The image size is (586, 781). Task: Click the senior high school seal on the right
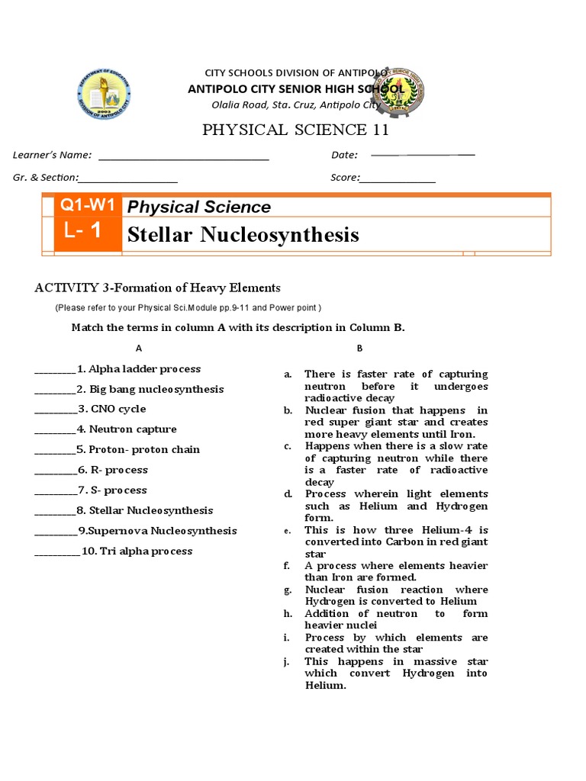[395, 92]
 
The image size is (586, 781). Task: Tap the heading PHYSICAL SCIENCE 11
[295, 130]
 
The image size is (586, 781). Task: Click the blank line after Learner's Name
[184, 159]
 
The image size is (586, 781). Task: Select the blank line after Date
[422, 155]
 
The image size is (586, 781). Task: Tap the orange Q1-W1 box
[89, 205]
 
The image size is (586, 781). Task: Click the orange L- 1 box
[89, 233]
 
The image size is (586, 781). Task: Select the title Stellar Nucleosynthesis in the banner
[243, 234]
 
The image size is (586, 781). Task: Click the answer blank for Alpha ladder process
[55, 372]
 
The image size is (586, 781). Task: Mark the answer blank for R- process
[55, 474]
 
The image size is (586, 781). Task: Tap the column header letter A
[139, 348]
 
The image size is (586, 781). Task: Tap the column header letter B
[359, 348]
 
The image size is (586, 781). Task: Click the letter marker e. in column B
[288, 530]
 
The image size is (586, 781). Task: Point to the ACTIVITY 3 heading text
[158, 288]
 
